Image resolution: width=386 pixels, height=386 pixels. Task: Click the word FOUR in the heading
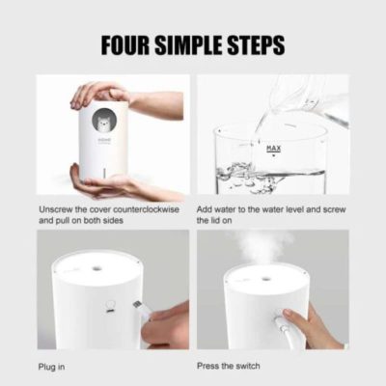point(129,45)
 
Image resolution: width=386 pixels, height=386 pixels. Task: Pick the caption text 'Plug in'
point(54,368)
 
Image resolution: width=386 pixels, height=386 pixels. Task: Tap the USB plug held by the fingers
point(140,309)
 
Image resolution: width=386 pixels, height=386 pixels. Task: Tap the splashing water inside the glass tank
point(241,174)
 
